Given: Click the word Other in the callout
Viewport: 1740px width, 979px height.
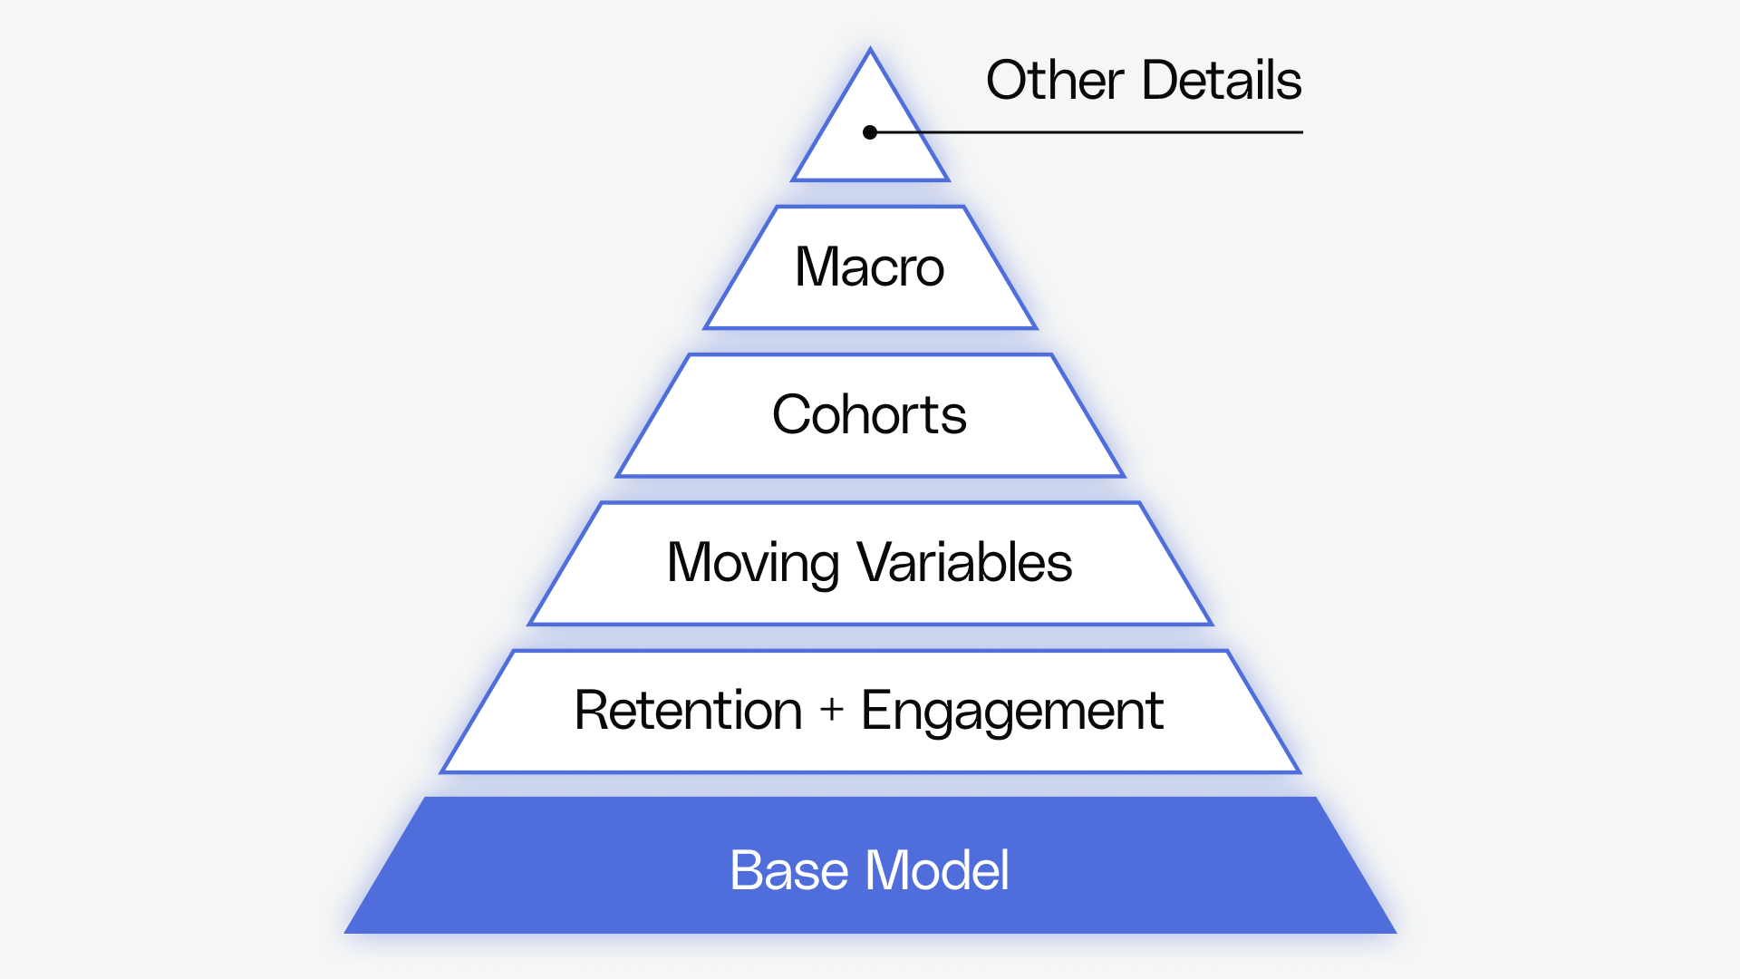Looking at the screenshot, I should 1055,80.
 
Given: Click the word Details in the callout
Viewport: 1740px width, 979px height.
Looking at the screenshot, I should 1222,80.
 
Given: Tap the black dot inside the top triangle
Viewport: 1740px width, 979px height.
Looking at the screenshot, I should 870,132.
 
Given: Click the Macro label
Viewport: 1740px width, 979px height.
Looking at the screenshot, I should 870,267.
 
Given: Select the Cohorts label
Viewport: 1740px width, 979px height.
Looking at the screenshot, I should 870,415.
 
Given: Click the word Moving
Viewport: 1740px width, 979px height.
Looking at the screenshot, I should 752,563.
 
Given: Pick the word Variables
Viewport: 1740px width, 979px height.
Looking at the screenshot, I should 965,563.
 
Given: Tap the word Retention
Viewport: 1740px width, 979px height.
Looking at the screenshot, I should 689,710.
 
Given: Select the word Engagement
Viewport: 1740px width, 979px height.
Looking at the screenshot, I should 1012,711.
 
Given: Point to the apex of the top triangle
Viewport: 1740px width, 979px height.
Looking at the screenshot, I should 870,51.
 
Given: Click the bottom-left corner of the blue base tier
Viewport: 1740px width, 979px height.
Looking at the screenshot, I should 347,932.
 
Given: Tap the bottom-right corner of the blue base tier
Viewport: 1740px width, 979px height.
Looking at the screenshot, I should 1394,932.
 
